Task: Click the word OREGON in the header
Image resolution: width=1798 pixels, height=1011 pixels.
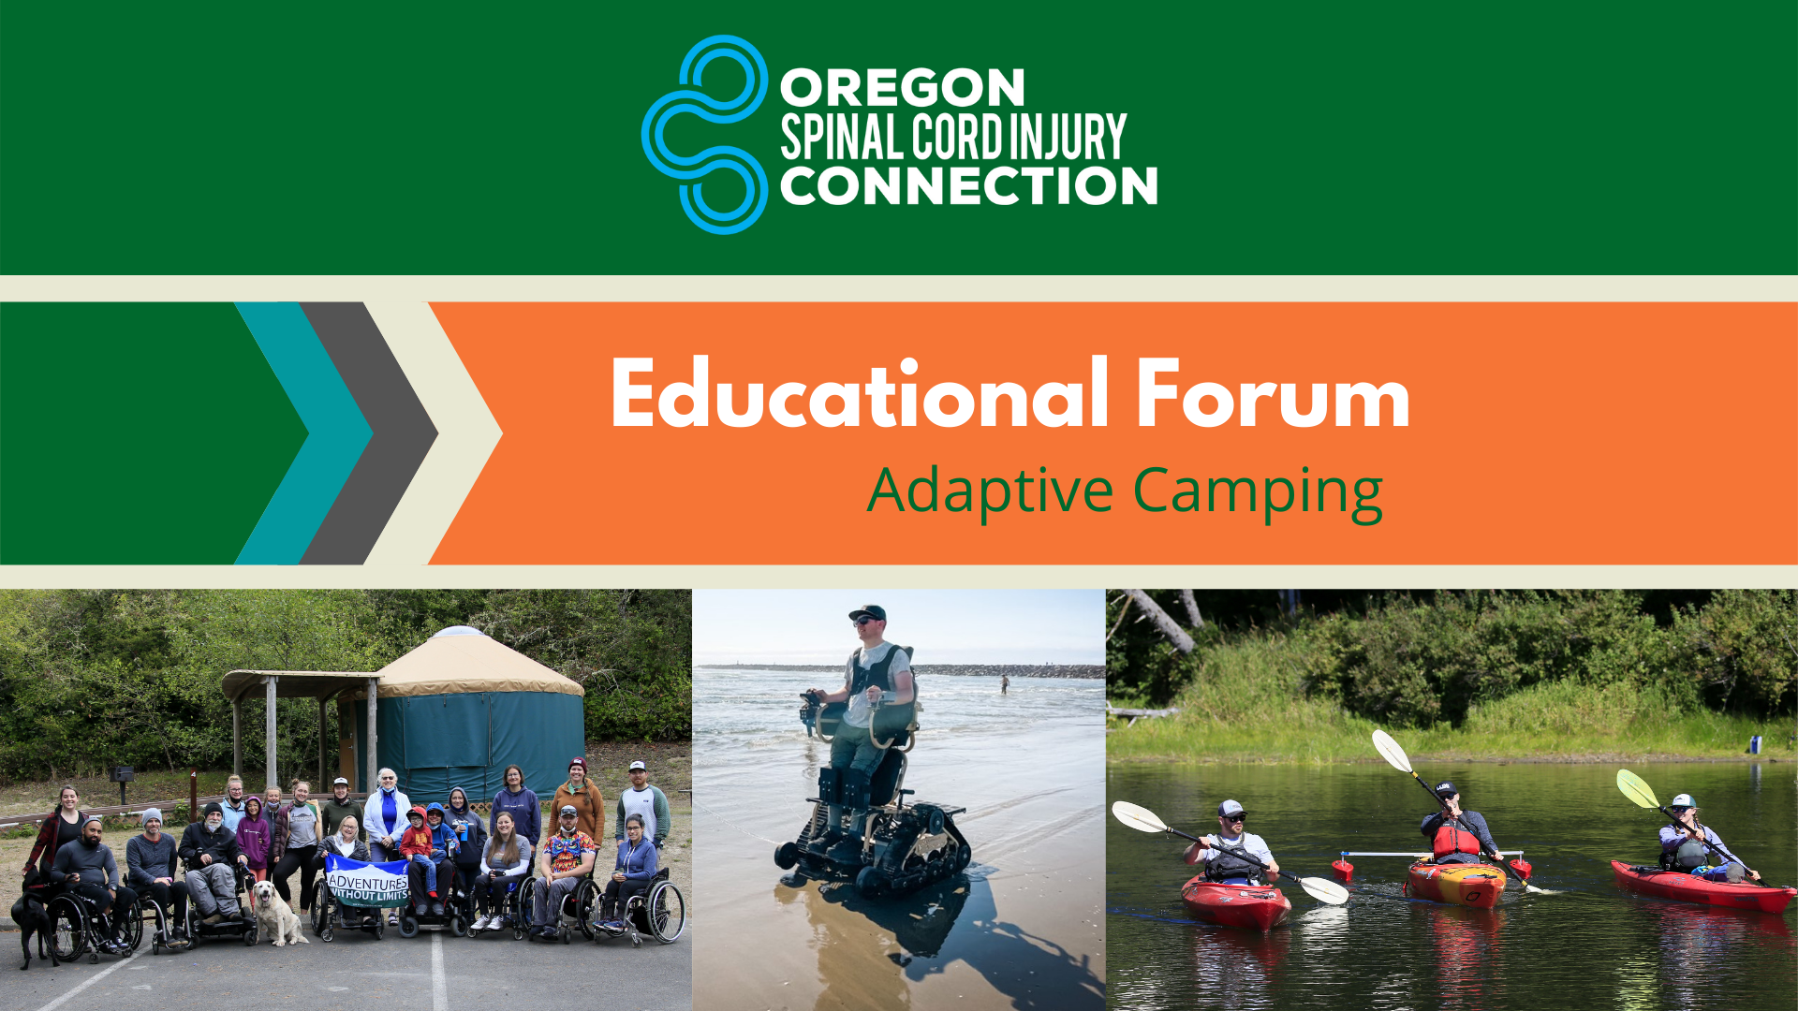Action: point(903,89)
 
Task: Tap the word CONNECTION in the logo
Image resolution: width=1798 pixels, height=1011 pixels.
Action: point(969,185)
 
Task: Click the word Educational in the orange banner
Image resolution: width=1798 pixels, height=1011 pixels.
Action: point(860,394)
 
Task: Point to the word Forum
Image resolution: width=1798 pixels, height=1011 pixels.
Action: point(1274,394)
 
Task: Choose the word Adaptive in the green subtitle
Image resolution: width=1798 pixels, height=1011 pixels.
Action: point(991,491)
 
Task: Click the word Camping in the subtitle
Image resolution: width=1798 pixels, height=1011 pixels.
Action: point(1258,492)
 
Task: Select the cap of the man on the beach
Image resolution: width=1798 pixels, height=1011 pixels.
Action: point(868,613)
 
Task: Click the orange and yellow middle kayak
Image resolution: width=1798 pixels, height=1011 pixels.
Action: point(1455,884)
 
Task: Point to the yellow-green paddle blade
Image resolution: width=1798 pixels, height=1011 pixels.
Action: point(1637,788)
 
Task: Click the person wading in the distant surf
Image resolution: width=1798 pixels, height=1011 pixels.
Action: point(1005,684)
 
